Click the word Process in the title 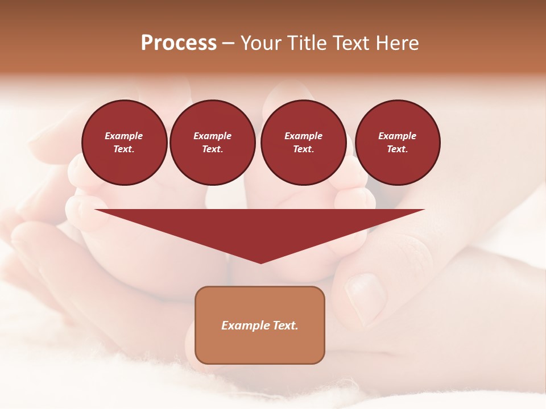tap(179, 43)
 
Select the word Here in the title tap(397, 43)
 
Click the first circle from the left tap(124, 142)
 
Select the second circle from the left tap(212, 142)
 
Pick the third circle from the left tap(303, 142)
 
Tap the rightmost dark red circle tap(397, 142)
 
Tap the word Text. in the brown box tap(286, 325)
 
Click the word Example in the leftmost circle tap(124, 136)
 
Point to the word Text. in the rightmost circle tap(397, 149)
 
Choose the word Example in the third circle tap(303, 136)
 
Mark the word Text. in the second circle tap(212, 149)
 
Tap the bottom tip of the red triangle tap(260, 262)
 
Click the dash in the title tap(228, 44)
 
